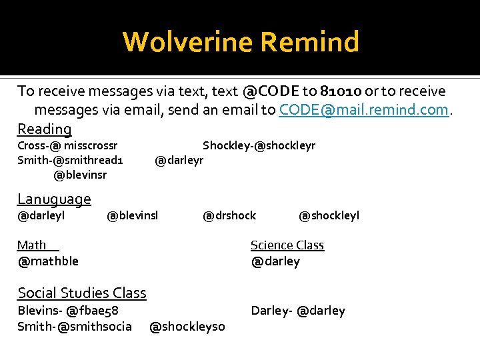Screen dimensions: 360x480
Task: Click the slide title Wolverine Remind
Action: tap(241, 42)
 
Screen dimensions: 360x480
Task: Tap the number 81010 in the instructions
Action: tap(340, 91)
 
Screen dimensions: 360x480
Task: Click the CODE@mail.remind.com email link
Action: tap(363, 109)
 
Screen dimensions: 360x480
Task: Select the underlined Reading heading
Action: tap(44, 129)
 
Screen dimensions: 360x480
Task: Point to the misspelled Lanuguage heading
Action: tap(54, 199)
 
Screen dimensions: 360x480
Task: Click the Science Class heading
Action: tap(287, 245)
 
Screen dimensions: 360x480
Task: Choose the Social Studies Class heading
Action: tap(82, 293)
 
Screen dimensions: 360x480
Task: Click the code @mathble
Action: tap(48, 261)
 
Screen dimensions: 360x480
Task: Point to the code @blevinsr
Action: tap(80, 175)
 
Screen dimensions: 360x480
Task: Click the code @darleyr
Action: tap(179, 160)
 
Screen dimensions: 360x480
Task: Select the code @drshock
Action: tap(229, 215)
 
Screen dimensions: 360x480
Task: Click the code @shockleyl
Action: tap(329, 215)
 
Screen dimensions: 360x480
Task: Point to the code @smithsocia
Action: tap(95, 326)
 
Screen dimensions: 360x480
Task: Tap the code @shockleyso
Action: tap(187, 326)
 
